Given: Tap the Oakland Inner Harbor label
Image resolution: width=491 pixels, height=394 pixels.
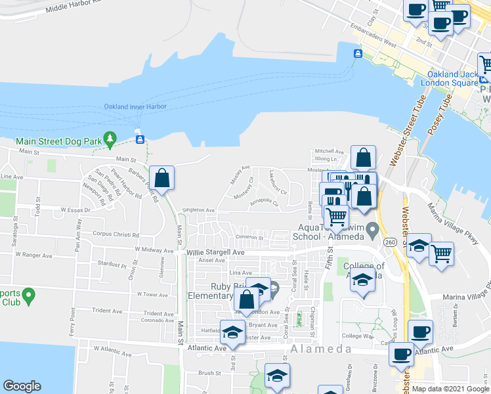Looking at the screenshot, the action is click(x=135, y=106).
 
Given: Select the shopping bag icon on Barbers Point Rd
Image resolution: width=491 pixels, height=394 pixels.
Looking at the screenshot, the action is click(x=161, y=178).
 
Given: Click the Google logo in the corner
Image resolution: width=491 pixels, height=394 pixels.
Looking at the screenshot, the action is click(x=22, y=387).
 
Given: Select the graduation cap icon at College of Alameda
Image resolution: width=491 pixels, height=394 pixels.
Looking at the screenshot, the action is click(x=362, y=280).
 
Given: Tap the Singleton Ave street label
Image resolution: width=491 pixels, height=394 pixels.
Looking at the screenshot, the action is click(x=198, y=211).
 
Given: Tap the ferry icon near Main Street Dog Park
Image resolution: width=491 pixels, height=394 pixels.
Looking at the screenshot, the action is click(x=140, y=139).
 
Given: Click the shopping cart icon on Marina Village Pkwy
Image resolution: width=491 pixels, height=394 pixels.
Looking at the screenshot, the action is click(x=441, y=252).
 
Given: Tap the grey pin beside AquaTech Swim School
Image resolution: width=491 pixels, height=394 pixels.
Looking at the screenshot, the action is click(x=374, y=230).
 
